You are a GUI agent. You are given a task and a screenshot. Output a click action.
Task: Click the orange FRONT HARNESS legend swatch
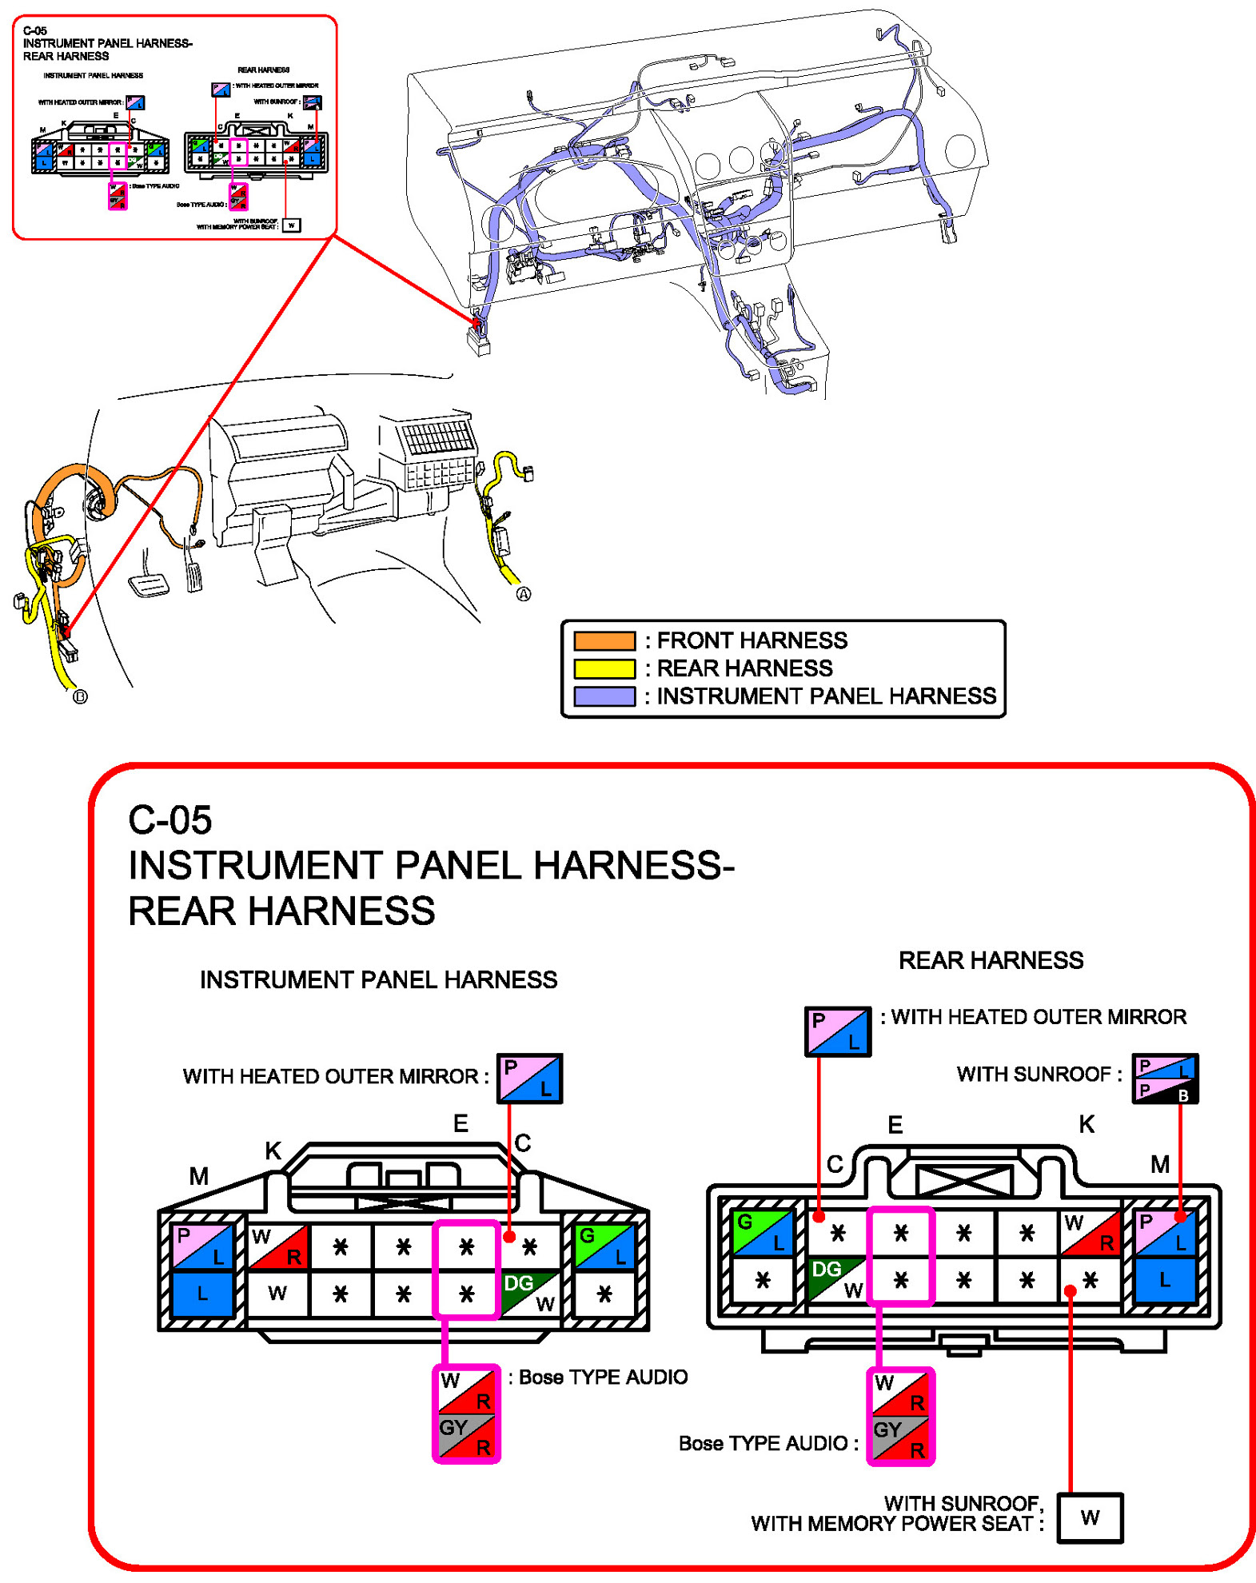click(x=604, y=640)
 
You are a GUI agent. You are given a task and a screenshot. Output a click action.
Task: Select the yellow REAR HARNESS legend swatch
click(x=604, y=668)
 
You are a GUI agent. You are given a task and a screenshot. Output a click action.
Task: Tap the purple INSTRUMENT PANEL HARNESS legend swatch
click(x=604, y=696)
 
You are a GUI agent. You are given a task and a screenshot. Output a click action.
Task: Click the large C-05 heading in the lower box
click(x=170, y=820)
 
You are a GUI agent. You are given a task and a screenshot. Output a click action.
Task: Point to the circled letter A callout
click(x=523, y=594)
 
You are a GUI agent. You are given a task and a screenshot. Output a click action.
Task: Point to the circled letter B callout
click(x=80, y=696)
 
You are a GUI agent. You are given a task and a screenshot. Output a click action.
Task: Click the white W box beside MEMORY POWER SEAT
click(x=1089, y=1517)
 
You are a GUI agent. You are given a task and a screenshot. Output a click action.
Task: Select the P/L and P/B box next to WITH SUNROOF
click(x=1164, y=1079)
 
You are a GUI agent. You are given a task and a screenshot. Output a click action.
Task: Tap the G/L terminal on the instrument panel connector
click(x=604, y=1246)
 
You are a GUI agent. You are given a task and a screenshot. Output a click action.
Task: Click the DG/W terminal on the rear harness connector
click(x=836, y=1279)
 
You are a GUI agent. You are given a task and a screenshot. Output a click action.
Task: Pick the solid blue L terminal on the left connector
click(x=202, y=1293)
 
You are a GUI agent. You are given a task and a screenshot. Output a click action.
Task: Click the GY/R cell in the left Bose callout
click(x=466, y=1436)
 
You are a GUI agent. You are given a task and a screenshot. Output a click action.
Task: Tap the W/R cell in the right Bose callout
click(x=900, y=1392)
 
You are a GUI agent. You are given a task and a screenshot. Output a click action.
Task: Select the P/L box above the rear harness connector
click(x=836, y=1031)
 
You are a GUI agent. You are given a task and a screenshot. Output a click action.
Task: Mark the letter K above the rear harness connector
click(x=1086, y=1125)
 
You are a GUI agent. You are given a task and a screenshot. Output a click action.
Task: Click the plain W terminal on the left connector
click(x=277, y=1293)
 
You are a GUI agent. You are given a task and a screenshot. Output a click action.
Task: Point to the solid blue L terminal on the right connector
click(x=1164, y=1279)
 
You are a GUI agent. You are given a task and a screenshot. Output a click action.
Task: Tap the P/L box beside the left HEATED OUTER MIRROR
click(x=529, y=1079)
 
